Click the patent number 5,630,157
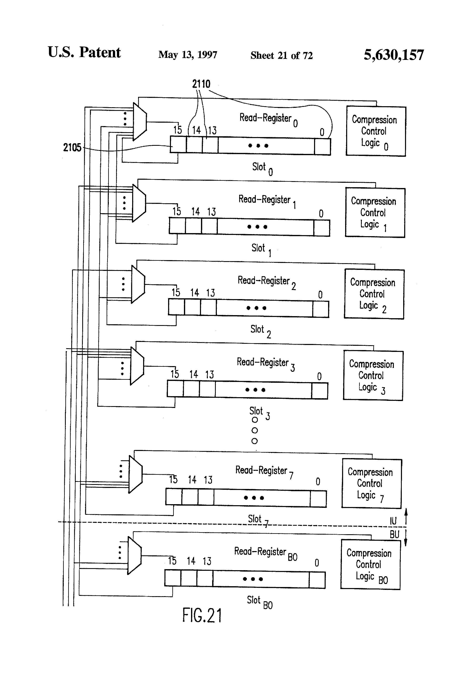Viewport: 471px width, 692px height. (394, 55)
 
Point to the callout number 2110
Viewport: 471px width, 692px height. (201, 84)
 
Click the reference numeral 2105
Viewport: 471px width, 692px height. (72, 147)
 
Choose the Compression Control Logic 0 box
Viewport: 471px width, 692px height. (376, 131)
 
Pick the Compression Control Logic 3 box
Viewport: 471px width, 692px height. (373, 376)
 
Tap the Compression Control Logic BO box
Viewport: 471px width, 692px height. (370, 564)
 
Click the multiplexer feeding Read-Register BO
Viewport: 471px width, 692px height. (134, 555)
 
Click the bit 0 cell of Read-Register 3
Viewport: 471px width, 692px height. (320, 390)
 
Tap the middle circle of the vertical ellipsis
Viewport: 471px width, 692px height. (255, 430)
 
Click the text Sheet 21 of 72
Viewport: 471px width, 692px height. (281, 55)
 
